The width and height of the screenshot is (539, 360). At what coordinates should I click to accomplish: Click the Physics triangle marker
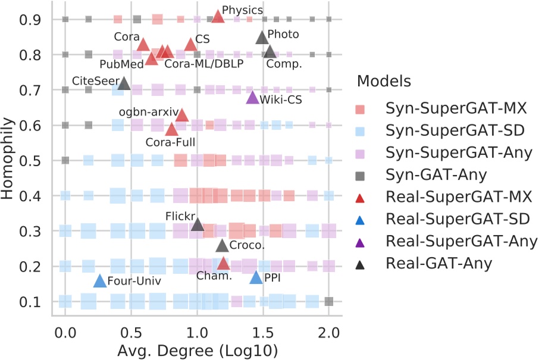click(x=218, y=17)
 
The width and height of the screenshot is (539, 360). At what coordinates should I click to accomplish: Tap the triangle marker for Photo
click(x=262, y=37)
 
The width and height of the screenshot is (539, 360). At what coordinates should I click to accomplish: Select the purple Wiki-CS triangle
click(x=252, y=98)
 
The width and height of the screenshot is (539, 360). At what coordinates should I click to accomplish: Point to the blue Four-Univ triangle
click(x=100, y=281)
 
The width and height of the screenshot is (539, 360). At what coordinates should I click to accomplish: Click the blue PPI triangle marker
click(x=256, y=277)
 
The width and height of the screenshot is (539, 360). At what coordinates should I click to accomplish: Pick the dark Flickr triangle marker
click(x=198, y=225)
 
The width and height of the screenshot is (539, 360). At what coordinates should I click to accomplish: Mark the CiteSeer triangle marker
click(x=124, y=83)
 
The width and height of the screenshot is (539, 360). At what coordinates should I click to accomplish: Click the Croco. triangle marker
click(x=222, y=245)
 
